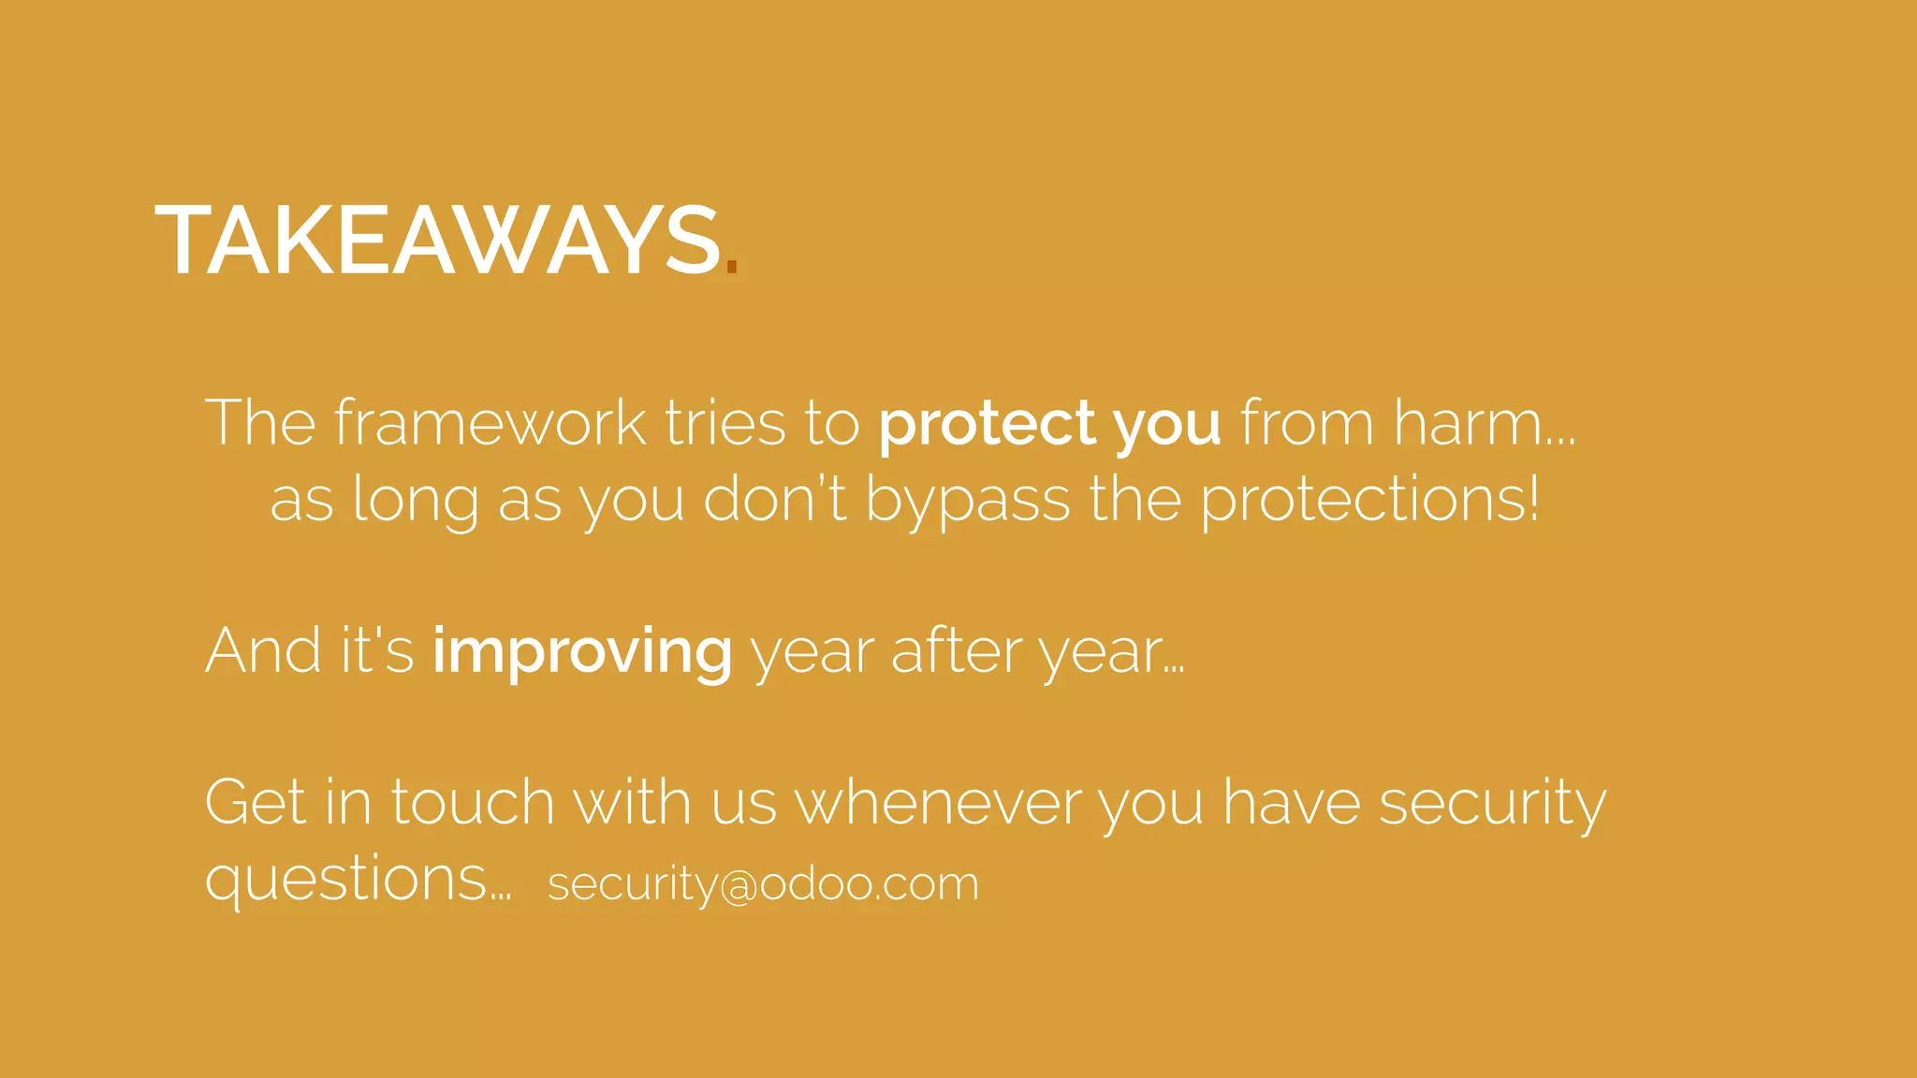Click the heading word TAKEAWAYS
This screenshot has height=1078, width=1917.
[x=438, y=240]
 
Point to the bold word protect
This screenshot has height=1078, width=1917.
[x=987, y=424]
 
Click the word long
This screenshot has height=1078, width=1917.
[x=415, y=500]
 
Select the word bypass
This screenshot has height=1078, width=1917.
[x=967, y=502]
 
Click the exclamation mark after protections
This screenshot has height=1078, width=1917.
[x=1532, y=498]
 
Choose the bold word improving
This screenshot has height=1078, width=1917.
[x=582, y=652]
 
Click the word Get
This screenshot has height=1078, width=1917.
[x=255, y=802]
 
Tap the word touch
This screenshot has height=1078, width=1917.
[x=473, y=802]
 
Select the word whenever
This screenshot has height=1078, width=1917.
[x=937, y=802]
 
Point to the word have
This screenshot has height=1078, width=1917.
[x=1292, y=802]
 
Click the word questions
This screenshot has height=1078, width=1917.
[x=345, y=880]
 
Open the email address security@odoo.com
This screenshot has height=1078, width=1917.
[x=763, y=883]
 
